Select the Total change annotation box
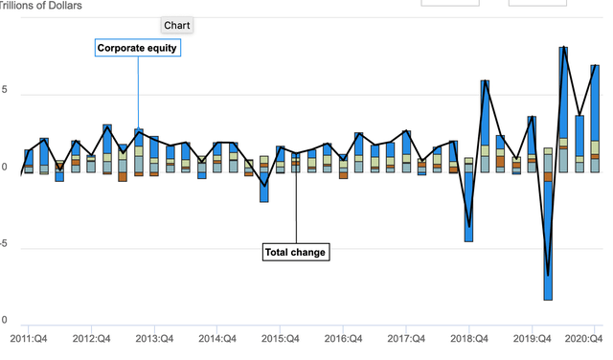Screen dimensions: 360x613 click(296, 252)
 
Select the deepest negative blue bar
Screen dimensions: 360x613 click(548, 239)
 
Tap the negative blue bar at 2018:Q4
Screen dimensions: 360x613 click(468, 206)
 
